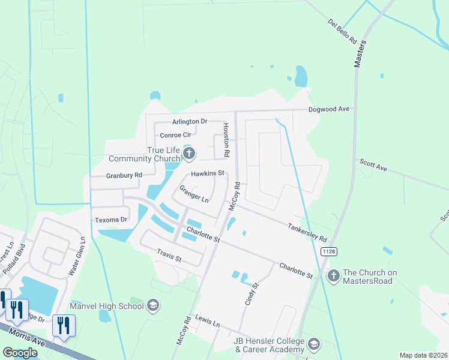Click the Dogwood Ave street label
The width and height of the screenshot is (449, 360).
pyautogui.click(x=328, y=109)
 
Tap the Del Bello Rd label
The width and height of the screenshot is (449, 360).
pyautogui.click(x=342, y=31)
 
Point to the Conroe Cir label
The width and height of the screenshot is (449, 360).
pyautogui.click(x=175, y=135)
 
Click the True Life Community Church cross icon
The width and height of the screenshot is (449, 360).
pyautogui.click(x=188, y=154)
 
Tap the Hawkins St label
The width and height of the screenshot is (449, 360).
pyautogui.click(x=207, y=173)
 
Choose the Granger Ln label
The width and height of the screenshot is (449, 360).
pyautogui.click(x=193, y=193)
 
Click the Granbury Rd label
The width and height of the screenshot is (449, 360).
pyautogui.click(x=124, y=175)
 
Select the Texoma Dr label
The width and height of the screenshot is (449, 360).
pyautogui.click(x=111, y=220)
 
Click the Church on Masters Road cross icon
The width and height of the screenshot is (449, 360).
pyautogui.click(x=333, y=275)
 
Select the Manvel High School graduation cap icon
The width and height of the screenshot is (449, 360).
pyautogui.click(x=153, y=306)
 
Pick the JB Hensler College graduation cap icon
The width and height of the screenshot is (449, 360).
pyautogui.click(x=313, y=344)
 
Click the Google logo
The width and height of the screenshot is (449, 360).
pyautogui.click(x=20, y=353)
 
